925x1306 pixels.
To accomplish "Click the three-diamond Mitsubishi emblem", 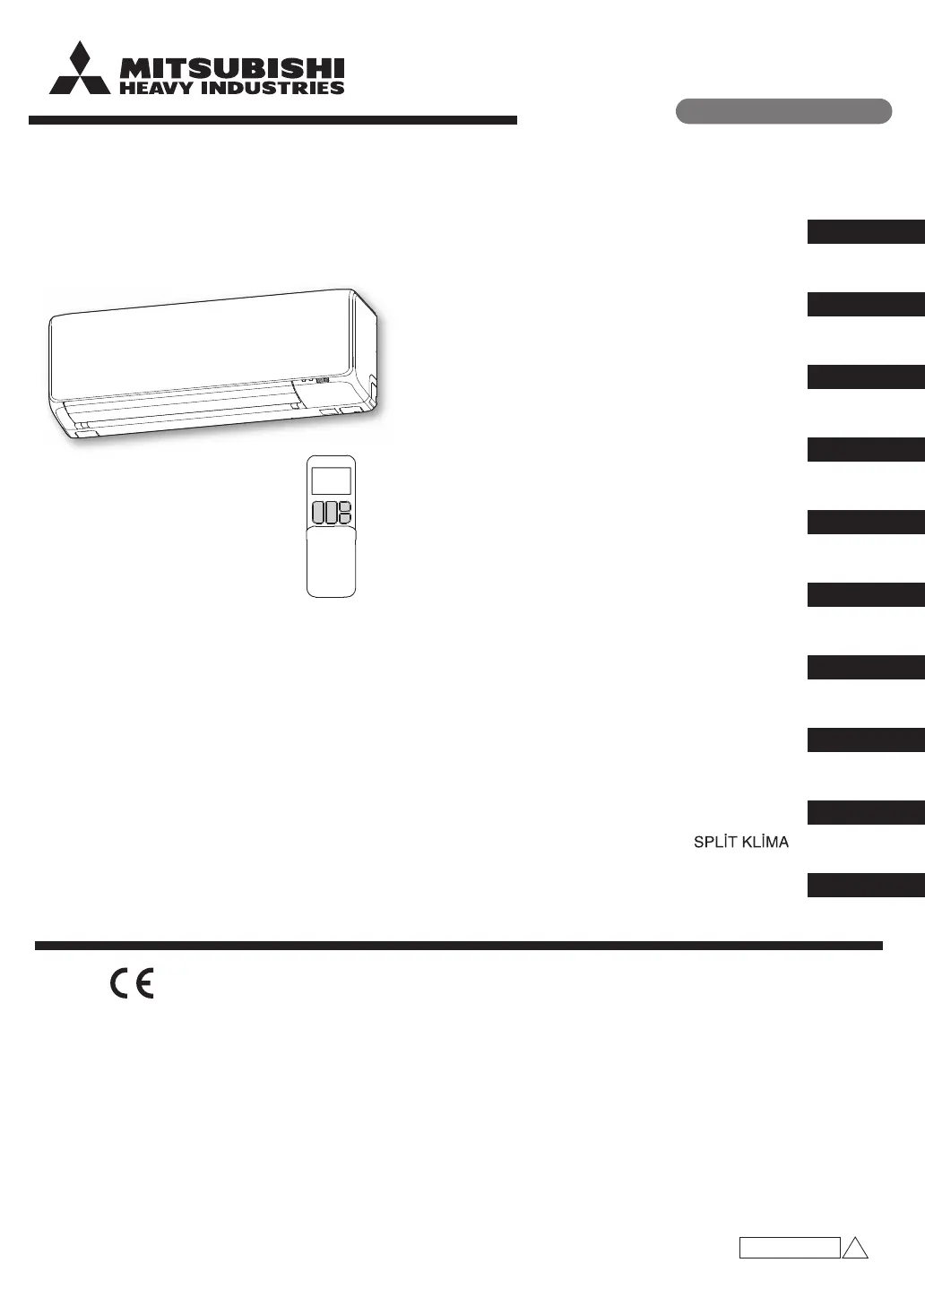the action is (80, 68).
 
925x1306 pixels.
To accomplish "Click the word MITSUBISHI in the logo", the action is (232, 69).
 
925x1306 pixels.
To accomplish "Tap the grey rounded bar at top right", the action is (783, 111).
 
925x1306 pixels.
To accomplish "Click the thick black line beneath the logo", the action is (272, 120).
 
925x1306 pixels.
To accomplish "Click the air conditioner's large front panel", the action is (201, 344).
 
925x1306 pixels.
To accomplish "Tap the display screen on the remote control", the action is (331, 481).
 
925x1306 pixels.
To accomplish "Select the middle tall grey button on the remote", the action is (331, 513).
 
